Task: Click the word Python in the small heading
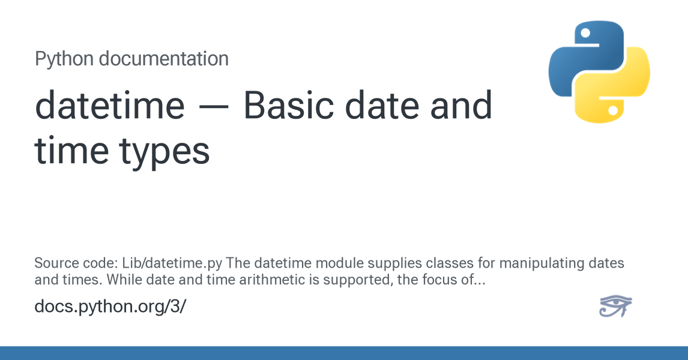(x=64, y=59)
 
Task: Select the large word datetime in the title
(x=110, y=105)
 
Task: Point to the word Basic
(x=289, y=105)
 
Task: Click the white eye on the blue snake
(x=585, y=34)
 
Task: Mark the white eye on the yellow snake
(x=614, y=110)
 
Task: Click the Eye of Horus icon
(x=615, y=305)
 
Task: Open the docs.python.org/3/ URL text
(x=110, y=307)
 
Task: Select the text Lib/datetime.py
(x=172, y=263)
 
